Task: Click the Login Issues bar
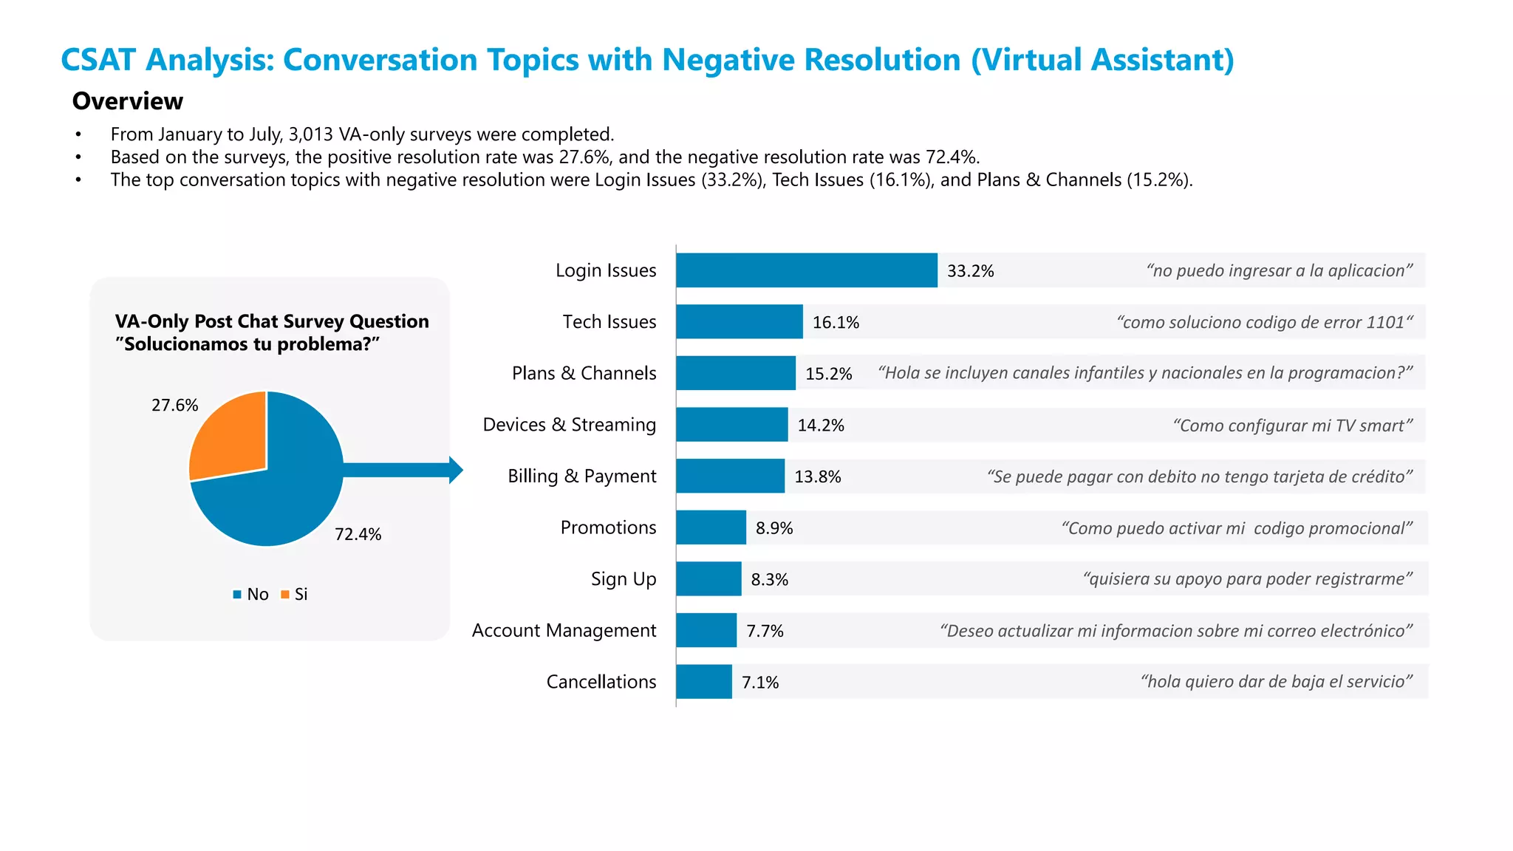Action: (x=806, y=270)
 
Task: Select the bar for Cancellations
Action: (x=703, y=681)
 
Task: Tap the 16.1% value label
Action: (x=836, y=322)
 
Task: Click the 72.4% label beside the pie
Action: (x=358, y=534)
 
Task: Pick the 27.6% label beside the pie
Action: (x=174, y=405)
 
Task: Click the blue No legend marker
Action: (x=237, y=594)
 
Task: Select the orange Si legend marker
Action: (x=285, y=594)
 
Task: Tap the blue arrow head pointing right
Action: (x=456, y=470)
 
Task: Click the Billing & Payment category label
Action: (x=581, y=476)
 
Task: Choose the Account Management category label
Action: (x=564, y=630)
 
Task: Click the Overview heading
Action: (x=127, y=101)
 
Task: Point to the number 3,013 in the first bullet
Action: (x=310, y=134)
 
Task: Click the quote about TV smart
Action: (x=1292, y=425)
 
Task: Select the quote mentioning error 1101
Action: (x=1264, y=322)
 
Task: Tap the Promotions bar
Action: (x=711, y=527)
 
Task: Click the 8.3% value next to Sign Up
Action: (x=769, y=579)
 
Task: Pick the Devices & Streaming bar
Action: (x=731, y=425)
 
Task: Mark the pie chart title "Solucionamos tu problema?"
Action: (x=251, y=344)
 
